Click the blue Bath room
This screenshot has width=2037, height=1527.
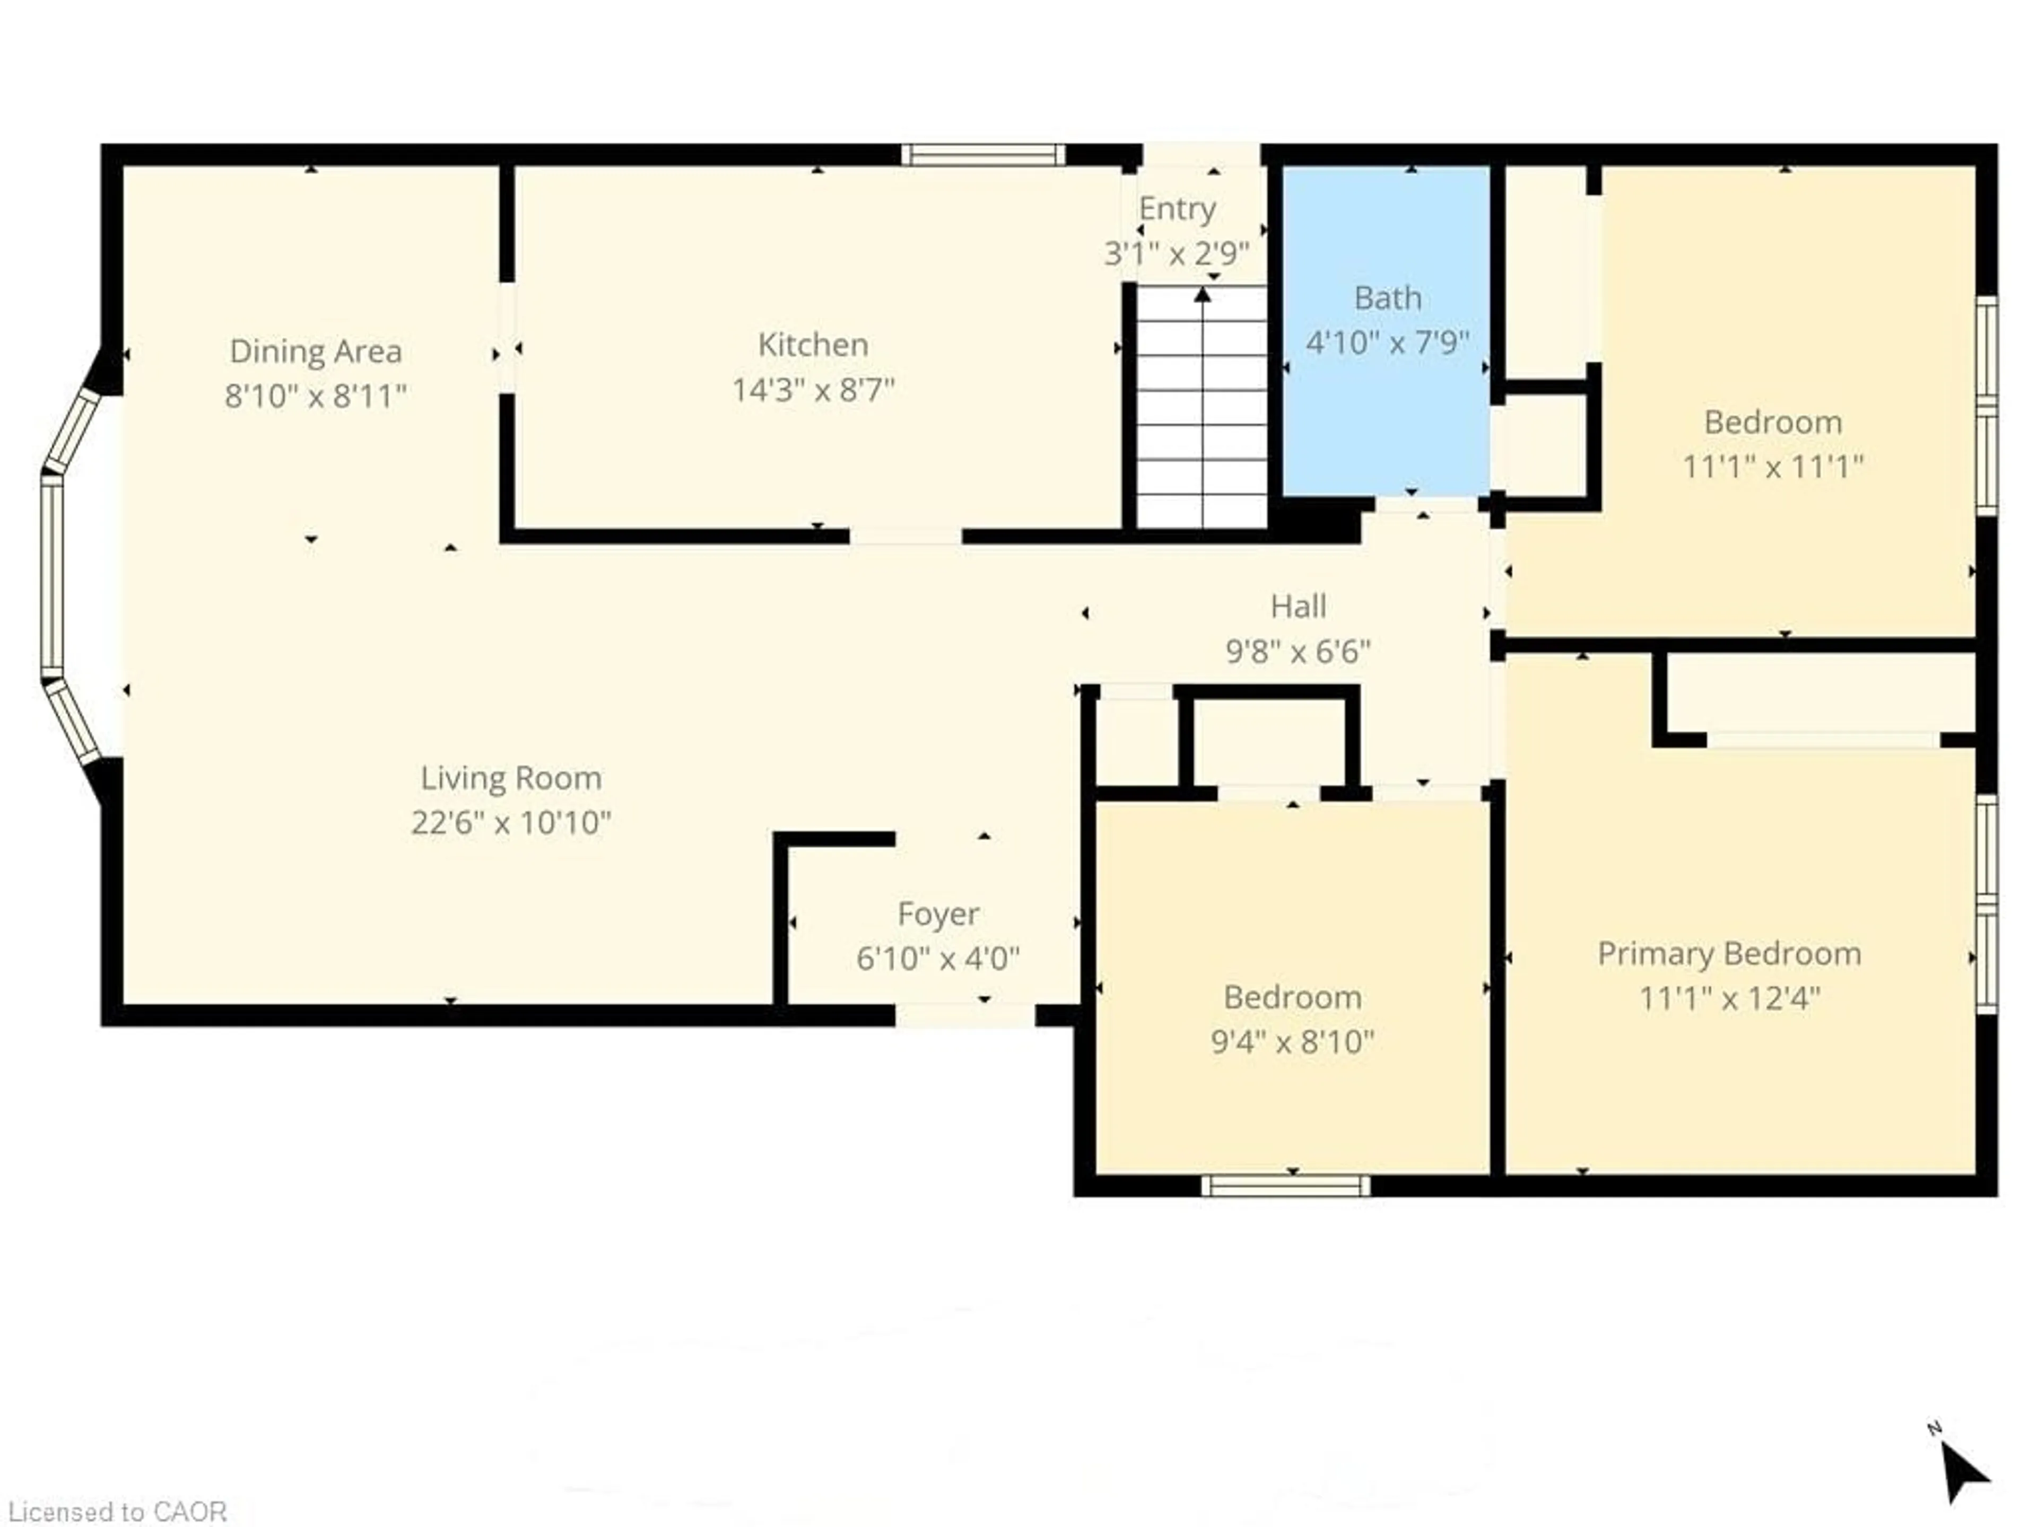click(1386, 414)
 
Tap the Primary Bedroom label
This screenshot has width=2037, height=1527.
click(1728, 953)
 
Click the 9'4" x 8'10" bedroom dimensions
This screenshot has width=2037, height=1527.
click(1292, 1042)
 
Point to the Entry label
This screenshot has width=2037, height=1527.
click(1177, 209)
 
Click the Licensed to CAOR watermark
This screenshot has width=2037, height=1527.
click(117, 1512)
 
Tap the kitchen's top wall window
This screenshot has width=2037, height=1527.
click(982, 155)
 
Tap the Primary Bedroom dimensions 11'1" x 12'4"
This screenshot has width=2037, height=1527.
click(1728, 999)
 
